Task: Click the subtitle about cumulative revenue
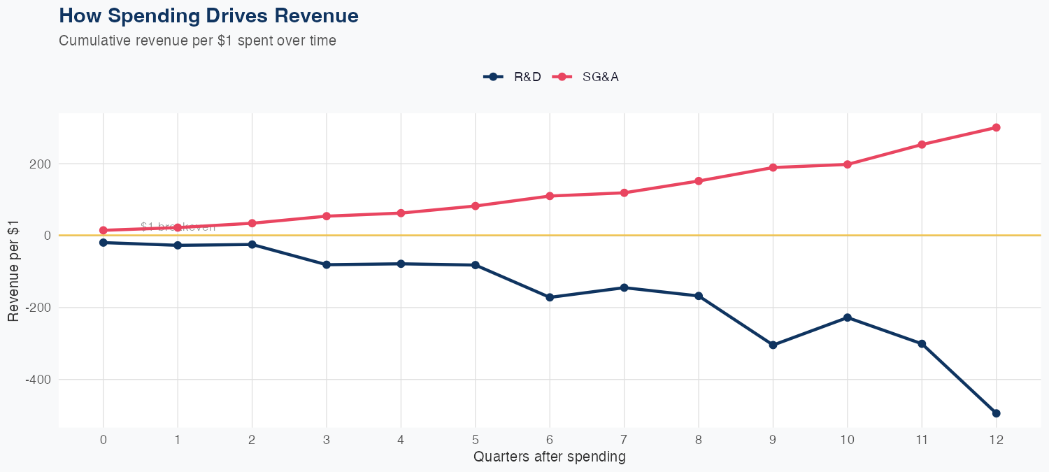(x=197, y=41)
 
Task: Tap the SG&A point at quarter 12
(x=996, y=127)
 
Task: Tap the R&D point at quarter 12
(x=996, y=413)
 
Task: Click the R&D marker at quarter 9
(x=773, y=345)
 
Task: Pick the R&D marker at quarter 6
(x=550, y=297)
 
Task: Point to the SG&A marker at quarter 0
(x=104, y=230)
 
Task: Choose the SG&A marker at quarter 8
(x=698, y=181)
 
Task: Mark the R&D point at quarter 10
(x=848, y=317)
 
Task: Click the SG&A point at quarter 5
(x=476, y=206)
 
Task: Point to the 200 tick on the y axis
(x=42, y=164)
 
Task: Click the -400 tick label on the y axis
(x=40, y=379)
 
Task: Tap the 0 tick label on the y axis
(x=47, y=236)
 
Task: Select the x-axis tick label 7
(x=624, y=441)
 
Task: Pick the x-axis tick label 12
(x=996, y=441)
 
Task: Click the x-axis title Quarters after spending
(x=549, y=457)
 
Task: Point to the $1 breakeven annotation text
(x=178, y=227)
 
